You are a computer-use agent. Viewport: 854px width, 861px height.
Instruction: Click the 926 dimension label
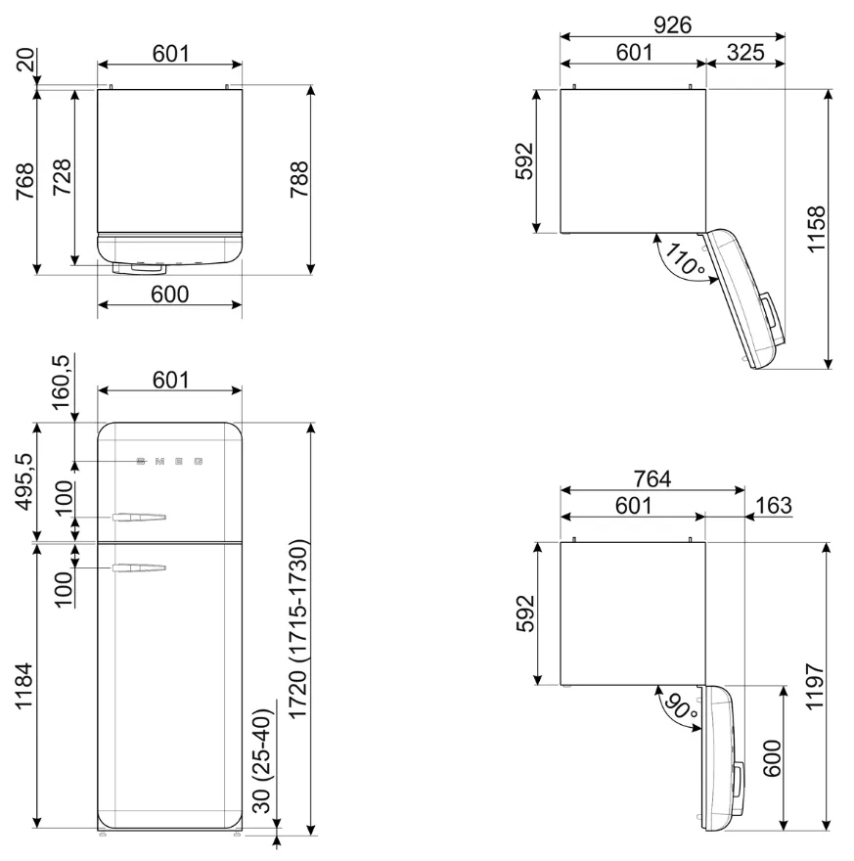pyautogui.click(x=672, y=24)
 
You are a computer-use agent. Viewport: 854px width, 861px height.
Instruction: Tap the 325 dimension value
pyautogui.click(x=745, y=52)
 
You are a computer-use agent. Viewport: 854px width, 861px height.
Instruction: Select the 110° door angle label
pyautogui.click(x=685, y=258)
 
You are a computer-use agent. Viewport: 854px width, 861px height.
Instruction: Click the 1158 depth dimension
pyautogui.click(x=816, y=229)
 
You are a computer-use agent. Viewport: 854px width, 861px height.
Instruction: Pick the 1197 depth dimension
pyautogui.click(x=815, y=687)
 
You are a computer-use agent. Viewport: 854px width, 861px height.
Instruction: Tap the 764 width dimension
pyautogui.click(x=652, y=478)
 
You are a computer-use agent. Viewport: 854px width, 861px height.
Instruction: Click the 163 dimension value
pyautogui.click(x=774, y=505)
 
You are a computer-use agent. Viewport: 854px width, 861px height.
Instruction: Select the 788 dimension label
pyautogui.click(x=299, y=180)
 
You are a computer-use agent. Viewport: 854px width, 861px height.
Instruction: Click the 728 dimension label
pyautogui.click(x=62, y=177)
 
